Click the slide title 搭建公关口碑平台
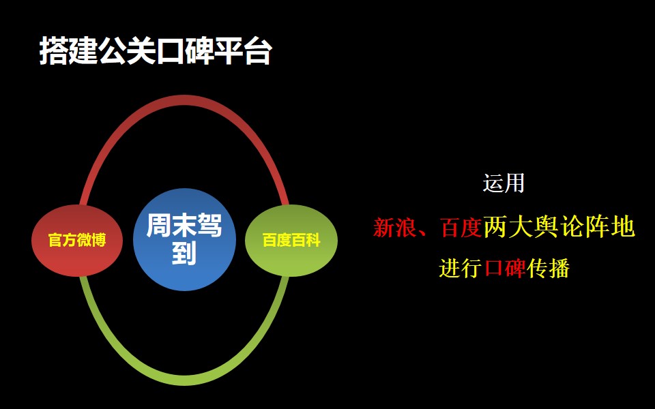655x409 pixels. pyautogui.click(x=156, y=51)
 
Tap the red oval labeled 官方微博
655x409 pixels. pyautogui.click(x=77, y=241)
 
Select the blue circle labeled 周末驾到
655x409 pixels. pyautogui.click(x=184, y=239)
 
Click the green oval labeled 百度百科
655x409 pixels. pyautogui.click(x=291, y=241)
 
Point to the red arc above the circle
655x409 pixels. pyautogui.click(x=184, y=98)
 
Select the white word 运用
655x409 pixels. pyautogui.click(x=504, y=183)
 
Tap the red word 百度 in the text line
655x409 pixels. pyautogui.click(x=462, y=228)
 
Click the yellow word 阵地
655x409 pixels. pyautogui.click(x=610, y=228)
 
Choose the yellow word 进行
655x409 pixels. pyautogui.click(x=461, y=269)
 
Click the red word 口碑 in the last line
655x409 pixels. pyautogui.click(x=504, y=269)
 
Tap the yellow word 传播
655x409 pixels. pyautogui.click(x=548, y=269)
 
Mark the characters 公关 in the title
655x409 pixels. pyautogui.click(x=127, y=51)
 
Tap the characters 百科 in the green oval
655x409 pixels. pyautogui.click(x=306, y=241)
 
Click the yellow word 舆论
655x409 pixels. pyautogui.click(x=559, y=228)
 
